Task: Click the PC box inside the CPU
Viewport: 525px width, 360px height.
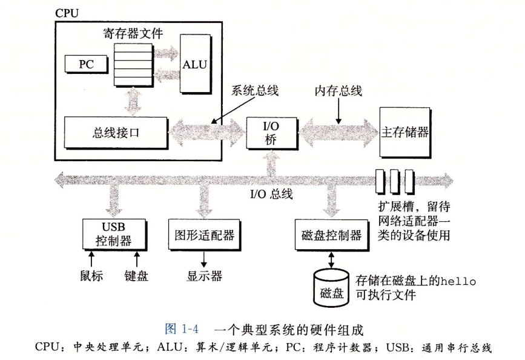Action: point(86,63)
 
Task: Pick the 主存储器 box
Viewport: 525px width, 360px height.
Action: point(406,132)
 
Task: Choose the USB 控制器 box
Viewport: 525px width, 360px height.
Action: point(114,233)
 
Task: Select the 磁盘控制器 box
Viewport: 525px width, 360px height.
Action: point(331,235)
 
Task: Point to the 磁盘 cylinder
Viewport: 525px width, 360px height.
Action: point(331,287)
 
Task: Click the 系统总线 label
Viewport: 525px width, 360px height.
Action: point(255,91)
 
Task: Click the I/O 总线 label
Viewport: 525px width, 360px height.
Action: point(271,195)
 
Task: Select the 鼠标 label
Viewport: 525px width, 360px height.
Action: point(91,276)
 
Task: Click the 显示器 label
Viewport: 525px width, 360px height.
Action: point(204,276)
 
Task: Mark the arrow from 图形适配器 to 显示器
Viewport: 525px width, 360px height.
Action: point(203,258)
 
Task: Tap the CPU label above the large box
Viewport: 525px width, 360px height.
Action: point(67,12)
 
